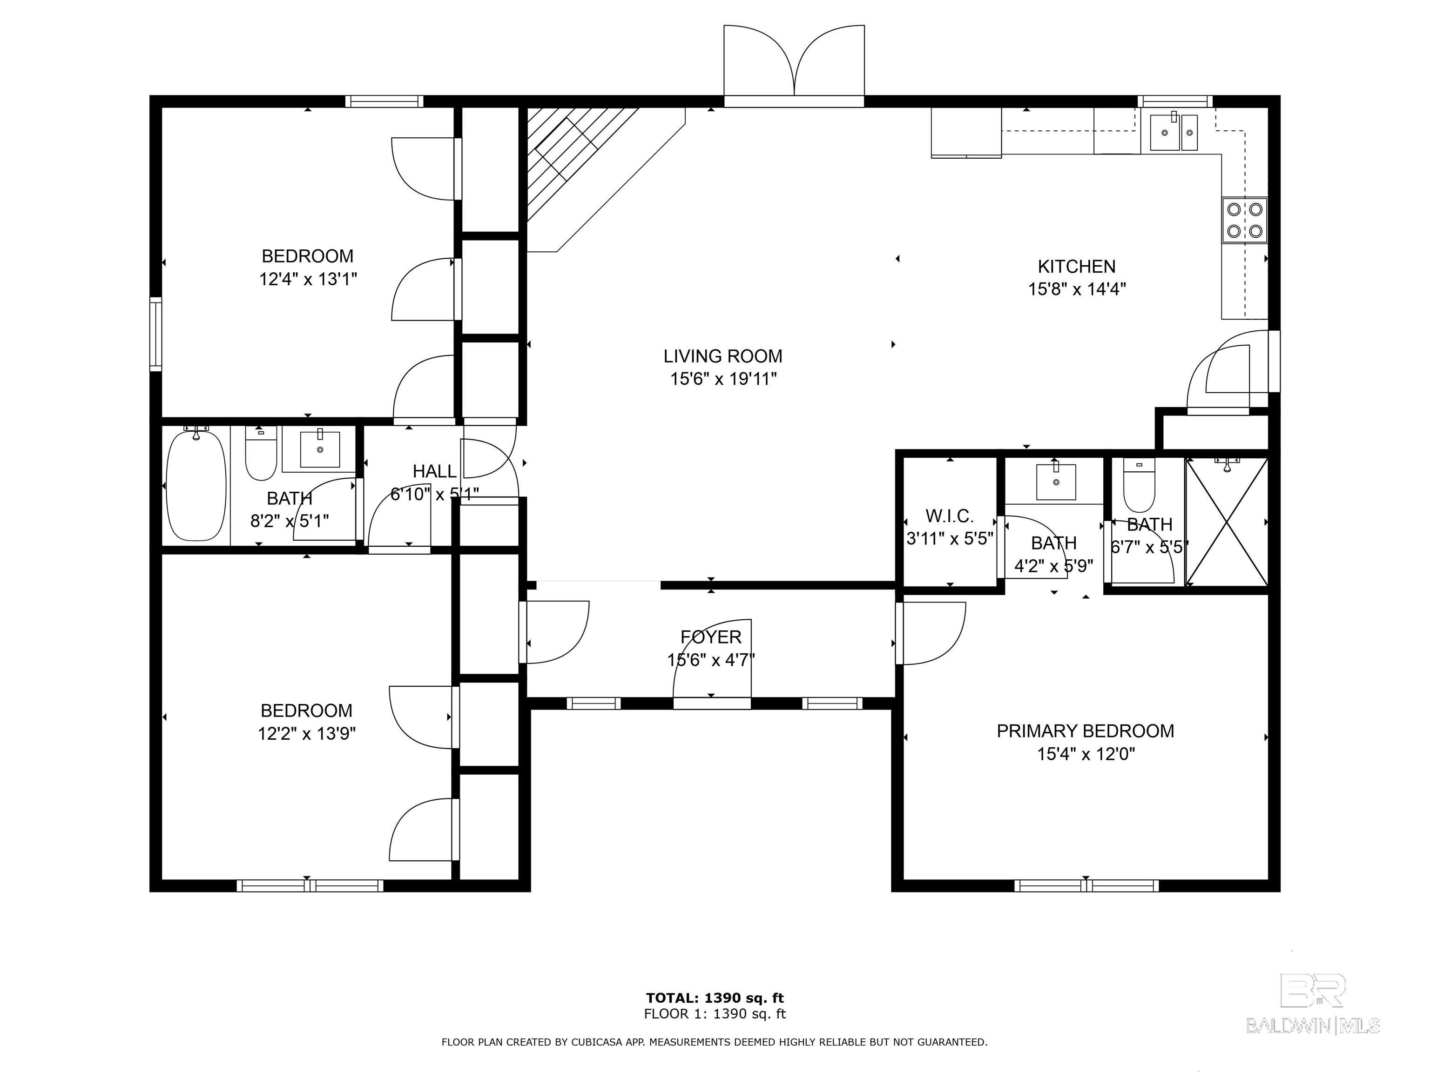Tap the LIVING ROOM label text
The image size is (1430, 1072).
[723, 356]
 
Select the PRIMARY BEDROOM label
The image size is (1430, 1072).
[1086, 731]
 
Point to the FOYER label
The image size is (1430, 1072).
[711, 637]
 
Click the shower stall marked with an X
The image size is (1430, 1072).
[1227, 522]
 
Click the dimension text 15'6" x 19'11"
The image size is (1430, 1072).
[723, 379]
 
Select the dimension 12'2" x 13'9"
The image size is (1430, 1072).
[307, 733]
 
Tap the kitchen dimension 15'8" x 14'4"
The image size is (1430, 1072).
[1077, 289]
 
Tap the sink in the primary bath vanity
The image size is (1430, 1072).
[1056, 482]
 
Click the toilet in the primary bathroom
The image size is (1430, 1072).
[1139, 485]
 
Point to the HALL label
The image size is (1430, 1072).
[434, 472]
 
